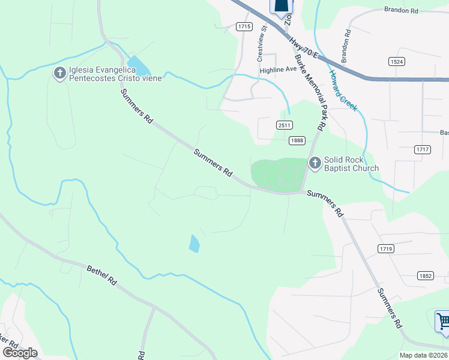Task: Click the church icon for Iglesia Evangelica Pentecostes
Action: (60, 74)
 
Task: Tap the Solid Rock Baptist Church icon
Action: (315, 163)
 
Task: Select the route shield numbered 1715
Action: (244, 26)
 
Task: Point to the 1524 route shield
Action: (396, 61)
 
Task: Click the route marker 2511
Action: (285, 125)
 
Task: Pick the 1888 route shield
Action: (297, 140)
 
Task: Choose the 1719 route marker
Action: (385, 248)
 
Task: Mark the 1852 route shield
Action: (426, 275)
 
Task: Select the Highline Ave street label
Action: (278, 70)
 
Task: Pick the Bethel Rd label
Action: (101, 276)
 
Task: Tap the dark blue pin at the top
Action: (282, 5)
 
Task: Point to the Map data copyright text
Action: (423, 355)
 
